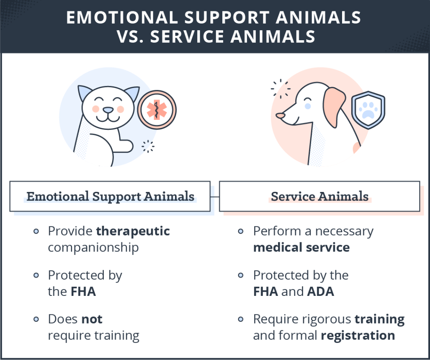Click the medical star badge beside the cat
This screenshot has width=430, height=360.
pos(157,110)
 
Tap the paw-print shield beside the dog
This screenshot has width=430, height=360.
pos(368,110)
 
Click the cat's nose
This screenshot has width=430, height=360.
pos(108,110)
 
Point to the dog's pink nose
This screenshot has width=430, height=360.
pos(280,116)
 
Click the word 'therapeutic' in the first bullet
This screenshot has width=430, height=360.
pos(133,231)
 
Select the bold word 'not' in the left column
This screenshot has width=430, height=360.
pos(92,319)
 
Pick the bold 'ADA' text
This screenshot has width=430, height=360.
pos(321,291)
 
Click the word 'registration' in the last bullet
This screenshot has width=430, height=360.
pos(358,336)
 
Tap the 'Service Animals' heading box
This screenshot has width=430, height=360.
pos(319,196)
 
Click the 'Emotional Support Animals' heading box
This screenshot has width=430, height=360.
pos(110,196)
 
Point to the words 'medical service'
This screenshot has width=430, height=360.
pos(301,248)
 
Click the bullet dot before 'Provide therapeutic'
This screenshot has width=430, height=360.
pos(36,231)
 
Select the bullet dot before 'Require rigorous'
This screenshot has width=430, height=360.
pos(241,319)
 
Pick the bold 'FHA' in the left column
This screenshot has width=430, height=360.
pos(83,291)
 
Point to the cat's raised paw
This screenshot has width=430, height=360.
pos(125,145)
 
